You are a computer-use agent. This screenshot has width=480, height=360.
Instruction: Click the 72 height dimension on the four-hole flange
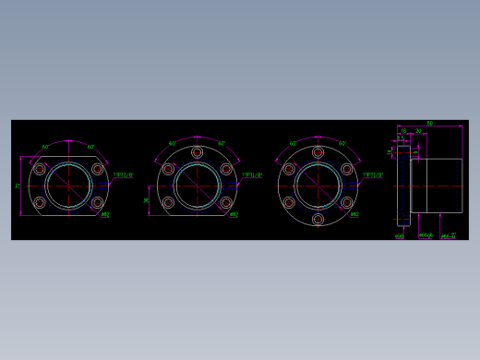(18, 186)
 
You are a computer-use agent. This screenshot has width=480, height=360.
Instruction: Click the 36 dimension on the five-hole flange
(147, 199)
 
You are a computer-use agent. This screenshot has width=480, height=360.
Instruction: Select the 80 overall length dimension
(429, 123)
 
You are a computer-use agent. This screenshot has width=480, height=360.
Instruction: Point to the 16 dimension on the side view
(403, 131)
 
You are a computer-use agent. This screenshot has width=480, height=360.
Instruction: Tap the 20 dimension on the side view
(418, 131)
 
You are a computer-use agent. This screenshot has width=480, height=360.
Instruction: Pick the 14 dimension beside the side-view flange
(390, 152)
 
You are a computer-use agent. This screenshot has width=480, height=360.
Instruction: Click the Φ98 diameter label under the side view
(400, 236)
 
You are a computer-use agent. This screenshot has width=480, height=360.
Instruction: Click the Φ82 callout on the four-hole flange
(105, 215)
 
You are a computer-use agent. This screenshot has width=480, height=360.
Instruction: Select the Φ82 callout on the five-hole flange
(234, 215)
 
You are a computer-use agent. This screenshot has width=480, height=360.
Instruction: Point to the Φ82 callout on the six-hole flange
(354, 215)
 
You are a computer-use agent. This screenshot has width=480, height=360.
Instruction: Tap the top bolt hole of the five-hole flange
(197, 152)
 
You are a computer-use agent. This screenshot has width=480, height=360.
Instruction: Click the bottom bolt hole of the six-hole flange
(318, 220)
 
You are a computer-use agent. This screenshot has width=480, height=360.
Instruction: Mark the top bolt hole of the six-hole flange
(318, 152)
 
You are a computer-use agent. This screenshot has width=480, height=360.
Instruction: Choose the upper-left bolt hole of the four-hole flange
(40, 169)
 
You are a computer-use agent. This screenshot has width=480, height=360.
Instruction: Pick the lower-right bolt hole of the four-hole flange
(97, 202)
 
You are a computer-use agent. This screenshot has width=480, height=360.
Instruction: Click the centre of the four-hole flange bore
(68, 186)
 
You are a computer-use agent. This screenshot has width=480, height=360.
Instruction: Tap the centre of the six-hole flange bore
(318, 186)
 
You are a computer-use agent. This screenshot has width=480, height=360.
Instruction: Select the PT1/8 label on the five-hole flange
(252, 174)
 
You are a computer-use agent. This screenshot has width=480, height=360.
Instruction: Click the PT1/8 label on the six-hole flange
(373, 174)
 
